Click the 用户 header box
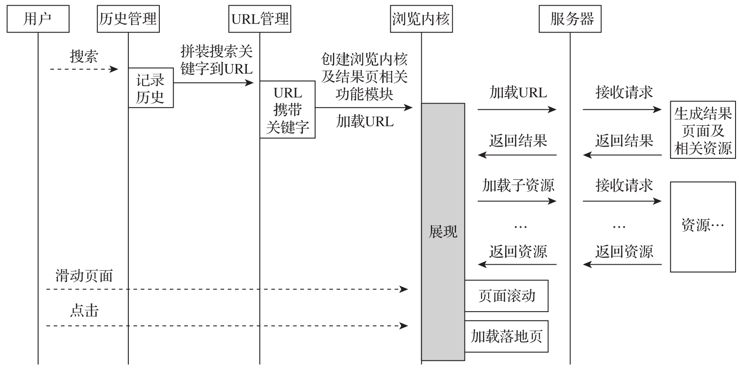tap(38, 19)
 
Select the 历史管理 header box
tap(128, 19)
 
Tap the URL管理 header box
tap(260, 19)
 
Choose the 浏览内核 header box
tap(421, 19)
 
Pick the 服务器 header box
tap(570, 19)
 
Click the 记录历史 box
tap(151, 88)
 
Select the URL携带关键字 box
tap(287, 110)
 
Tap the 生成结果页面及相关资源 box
tap(702, 131)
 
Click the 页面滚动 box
tap(507, 296)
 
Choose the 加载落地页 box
tap(507, 336)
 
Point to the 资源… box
tap(702, 227)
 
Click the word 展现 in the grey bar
tap(443, 232)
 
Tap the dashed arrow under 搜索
tap(84, 69)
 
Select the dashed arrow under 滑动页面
tap(226, 289)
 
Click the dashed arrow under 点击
tap(226, 326)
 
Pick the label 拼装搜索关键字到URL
tap(216, 60)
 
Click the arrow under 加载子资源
tap(517, 201)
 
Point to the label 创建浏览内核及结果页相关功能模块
tap(364, 77)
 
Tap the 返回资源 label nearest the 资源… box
tap(624, 252)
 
